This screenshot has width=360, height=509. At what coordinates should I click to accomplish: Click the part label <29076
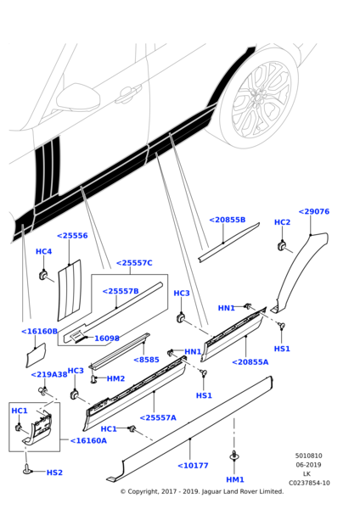coord(313,211)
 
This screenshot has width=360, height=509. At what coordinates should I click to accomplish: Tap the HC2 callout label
coord(282,222)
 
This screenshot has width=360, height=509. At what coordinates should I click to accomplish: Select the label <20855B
coord(227,220)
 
